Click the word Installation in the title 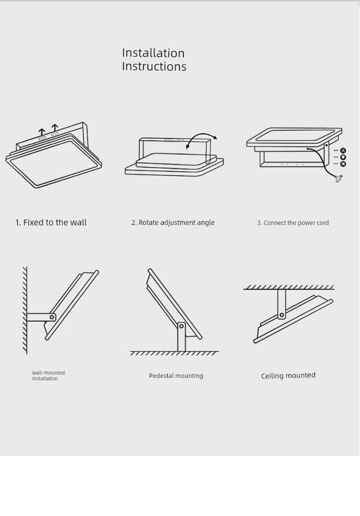click(153, 53)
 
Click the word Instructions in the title click(154, 66)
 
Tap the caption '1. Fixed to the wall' click(51, 223)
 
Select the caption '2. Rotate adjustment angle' click(173, 223)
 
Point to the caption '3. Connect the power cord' click(293, 223)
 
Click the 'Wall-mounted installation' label click(48, 375)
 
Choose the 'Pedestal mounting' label click(176, 376)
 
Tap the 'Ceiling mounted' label click(288, 375)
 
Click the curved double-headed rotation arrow click(202, 135)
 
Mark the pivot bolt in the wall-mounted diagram click(52, 317)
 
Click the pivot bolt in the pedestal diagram click(181, 326)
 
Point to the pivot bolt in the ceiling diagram click(282, 315)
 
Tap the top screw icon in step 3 click(343, 151)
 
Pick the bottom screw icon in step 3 click(343, 164)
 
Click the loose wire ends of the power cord click(339, 179)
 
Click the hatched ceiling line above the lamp click(289, 288)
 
